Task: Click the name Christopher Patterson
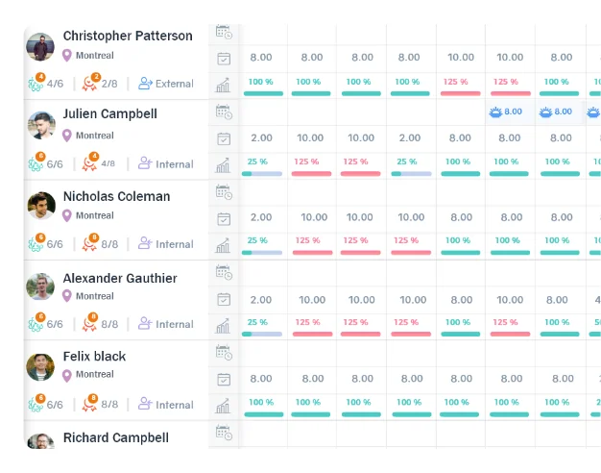[128, 36]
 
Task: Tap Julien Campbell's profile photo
[40, 125]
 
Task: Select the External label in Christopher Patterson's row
[174, 84]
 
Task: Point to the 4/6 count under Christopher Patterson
[55, 84]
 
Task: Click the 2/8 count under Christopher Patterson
[109, 84]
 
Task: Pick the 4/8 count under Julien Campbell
[108, 164]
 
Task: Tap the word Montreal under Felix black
[94, 374]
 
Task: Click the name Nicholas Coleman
[116, 196]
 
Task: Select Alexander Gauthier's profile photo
[40, 286]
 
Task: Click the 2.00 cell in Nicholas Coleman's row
[261, 217]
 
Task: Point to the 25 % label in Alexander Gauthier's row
[257, 322]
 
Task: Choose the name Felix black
[94, 356]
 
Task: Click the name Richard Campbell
[115, 437]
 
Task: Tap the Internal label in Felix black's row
[174, 405]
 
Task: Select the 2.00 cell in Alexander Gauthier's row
[261, 300]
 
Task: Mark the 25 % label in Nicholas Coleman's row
[257, 240]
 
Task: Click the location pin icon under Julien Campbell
[67, 136]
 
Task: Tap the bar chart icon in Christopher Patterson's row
[224, 86]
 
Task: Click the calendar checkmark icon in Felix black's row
[224, 379]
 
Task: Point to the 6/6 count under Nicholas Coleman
[55, 244]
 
